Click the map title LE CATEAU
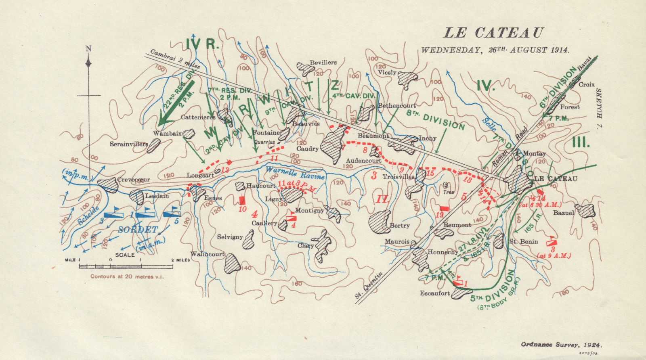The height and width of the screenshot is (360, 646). (494, 33)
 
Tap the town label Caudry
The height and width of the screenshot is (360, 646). (308, 149)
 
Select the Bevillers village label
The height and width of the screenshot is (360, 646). (323, 63)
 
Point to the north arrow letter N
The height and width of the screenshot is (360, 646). (88, 49)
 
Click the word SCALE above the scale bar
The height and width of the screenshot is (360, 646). (125, 255)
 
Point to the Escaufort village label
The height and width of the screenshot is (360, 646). (435, 293)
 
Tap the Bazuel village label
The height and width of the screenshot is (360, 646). (564, 212)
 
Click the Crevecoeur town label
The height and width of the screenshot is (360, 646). (134, 180)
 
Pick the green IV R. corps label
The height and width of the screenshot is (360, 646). (202, 44)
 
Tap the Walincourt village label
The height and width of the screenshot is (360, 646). (207, 254)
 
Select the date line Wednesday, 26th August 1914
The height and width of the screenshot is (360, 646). (495, 50)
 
